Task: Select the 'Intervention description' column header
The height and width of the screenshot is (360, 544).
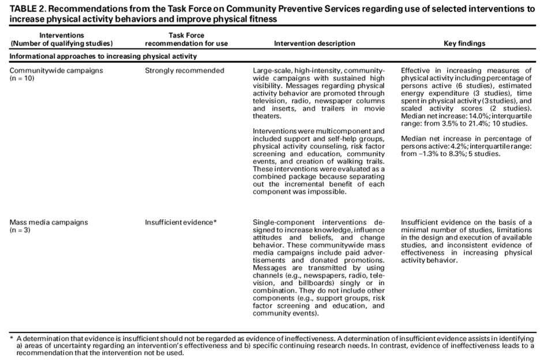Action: click(314, 43)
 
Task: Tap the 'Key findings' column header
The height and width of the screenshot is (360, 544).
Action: click(464, 43)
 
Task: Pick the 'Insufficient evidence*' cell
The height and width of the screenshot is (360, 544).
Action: click(181, 222)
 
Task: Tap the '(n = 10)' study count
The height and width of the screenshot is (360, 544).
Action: click(22, 78)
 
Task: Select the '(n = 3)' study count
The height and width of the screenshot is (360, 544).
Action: click(21, 229)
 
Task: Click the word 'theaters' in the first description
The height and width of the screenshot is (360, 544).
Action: click(269, 116)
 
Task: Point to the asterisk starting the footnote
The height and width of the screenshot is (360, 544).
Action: click(12, 337)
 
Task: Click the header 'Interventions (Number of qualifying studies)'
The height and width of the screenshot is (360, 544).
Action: click(62, 39)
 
